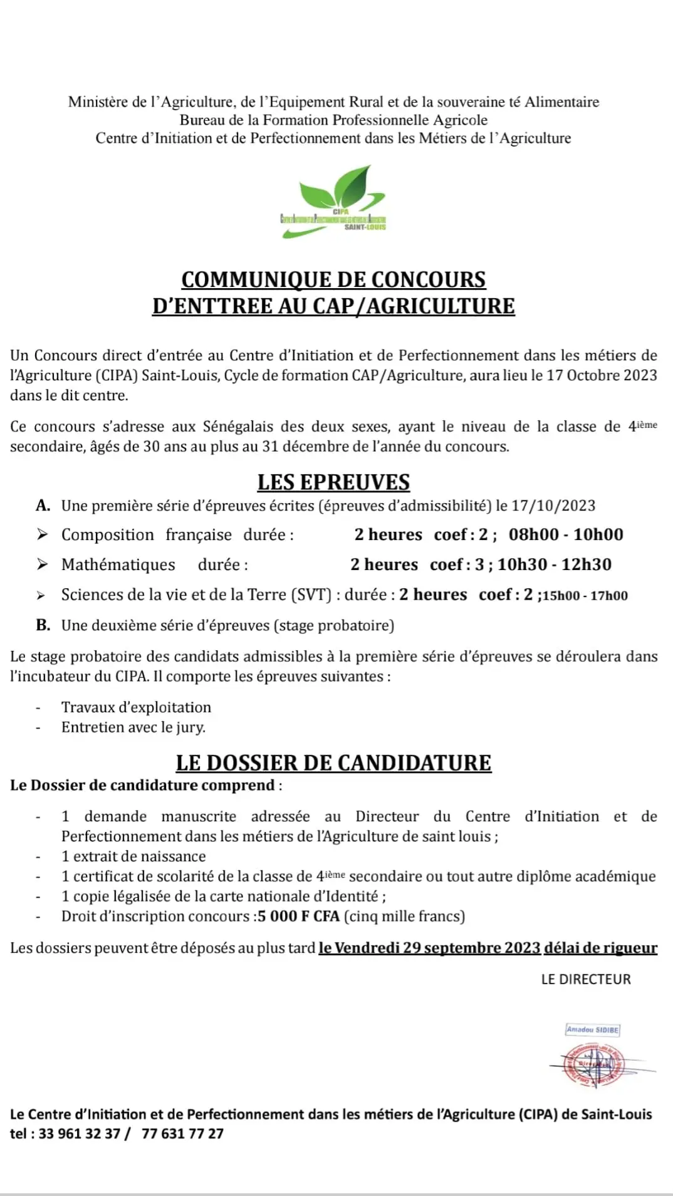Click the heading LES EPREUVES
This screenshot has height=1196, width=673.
pos(333,482)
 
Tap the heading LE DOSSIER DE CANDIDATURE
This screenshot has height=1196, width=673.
pos(333,762)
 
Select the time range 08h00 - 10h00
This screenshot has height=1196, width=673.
pos(566,534)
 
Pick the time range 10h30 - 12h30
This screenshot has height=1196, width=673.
pos(554,564)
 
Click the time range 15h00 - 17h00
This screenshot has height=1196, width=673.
pos(585,596)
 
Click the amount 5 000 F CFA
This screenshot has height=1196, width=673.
pos(298,916)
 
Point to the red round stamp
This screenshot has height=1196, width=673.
pos(593,1064)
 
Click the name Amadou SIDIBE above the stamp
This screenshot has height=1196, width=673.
pos(592,1029)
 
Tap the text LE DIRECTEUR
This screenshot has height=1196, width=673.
pos(586,979)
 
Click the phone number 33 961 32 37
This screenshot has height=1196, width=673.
pos(79,1133)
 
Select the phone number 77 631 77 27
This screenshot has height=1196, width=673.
pos(182,1133)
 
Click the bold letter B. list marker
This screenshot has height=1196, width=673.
pos(43,625)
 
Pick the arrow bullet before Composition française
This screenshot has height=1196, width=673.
pos(42,534)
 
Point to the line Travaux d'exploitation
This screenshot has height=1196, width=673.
pos(136,707)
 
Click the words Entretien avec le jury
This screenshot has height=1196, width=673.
pos(133,727)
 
